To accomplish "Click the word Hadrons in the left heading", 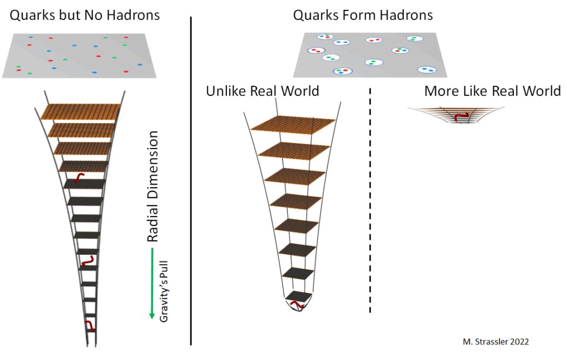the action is click(133, 15).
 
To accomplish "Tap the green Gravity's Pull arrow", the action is click(152, 284).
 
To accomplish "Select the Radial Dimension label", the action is click(153, 186).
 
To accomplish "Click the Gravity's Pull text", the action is click(164, 291).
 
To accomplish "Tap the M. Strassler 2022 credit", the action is click(496, 342).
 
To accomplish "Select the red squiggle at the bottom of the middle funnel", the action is click(297, 305).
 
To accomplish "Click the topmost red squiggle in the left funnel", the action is click(79, 178).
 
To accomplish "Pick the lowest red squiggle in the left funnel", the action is click(90, 325).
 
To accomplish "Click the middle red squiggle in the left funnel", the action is click(87, 260).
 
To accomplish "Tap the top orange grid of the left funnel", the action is click(81, 111).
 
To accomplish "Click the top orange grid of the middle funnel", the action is click(293, 125).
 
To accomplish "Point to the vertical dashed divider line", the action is click(370, 200).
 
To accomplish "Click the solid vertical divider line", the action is click(191, 181).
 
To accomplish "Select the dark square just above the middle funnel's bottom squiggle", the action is click(298, 274).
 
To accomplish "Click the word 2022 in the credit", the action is click(519, 342).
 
